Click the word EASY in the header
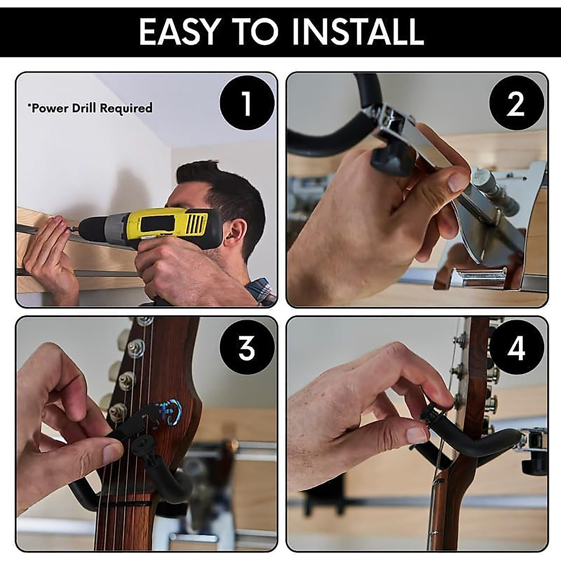click(x=179, y=31)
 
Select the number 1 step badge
click(x=246, y=104)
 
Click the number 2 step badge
click(x=516, y=104)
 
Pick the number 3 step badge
click(x=246, y=348)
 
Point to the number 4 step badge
click(x=516, y=348)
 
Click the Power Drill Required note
click(x=90, y=108)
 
